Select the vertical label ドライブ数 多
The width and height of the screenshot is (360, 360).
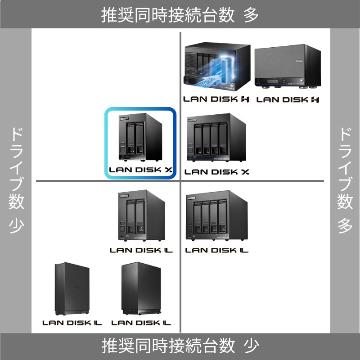(x=345, y=180)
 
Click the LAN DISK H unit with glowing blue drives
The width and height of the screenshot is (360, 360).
(x=216, y=67)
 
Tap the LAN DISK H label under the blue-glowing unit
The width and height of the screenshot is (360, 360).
(x=216, y=99)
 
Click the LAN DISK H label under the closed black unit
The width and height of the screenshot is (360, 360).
(x=288, y=99)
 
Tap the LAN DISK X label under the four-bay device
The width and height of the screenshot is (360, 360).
(x=217, y=171)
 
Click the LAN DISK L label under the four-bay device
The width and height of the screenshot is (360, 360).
(x=217, y=250)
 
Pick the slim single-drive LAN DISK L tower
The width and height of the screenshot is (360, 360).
(x=72, y=289)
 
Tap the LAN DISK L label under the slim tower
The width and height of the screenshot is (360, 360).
(x=72, y=323)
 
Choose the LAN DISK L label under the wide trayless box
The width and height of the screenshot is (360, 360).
(x=141, y=323)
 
